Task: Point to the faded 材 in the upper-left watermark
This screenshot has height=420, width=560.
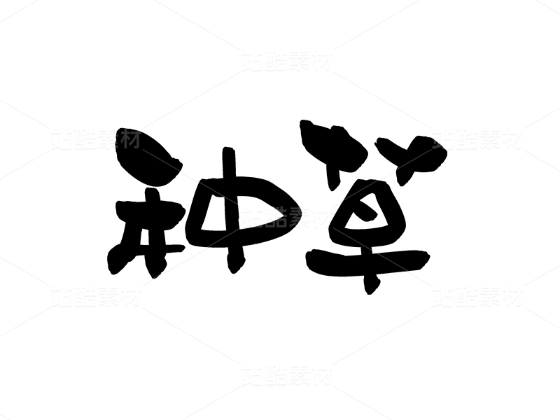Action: pyautogui.click(x=131, y=139)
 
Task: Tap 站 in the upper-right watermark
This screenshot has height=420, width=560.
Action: pyautogui.click(x=443, y=139)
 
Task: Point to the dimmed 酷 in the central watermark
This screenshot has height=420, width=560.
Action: pyautogui.click(x=275, y=217)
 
